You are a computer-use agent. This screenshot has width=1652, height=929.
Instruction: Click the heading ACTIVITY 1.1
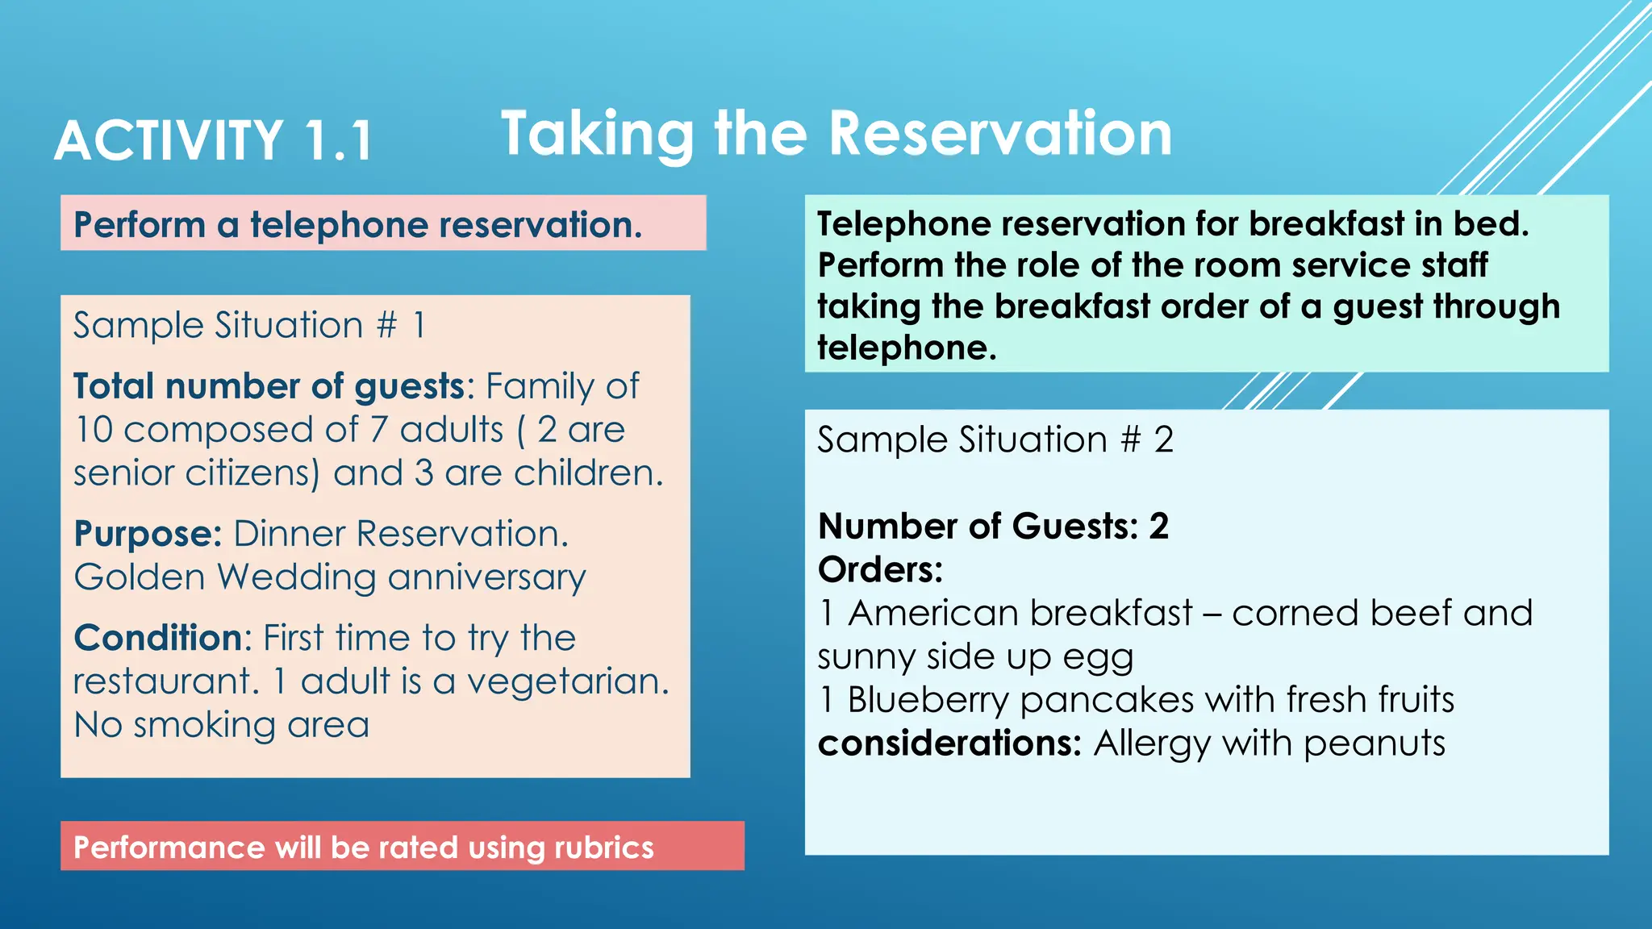[x=214, y=141]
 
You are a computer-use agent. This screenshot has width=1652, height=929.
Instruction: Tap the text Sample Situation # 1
[x=248, y=326]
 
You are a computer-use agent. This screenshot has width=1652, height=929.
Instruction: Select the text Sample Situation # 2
[x=995, y=440]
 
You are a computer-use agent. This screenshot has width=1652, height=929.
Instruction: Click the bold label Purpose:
[x=148, y=534]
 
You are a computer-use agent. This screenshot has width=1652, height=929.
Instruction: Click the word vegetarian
[x=568, y=682]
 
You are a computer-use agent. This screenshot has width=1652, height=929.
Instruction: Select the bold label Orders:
[x=880, y=570]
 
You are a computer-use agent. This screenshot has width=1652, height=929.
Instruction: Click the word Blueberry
[x=928, y=700]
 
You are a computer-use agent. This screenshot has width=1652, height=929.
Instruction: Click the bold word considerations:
[x=949, y=744]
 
